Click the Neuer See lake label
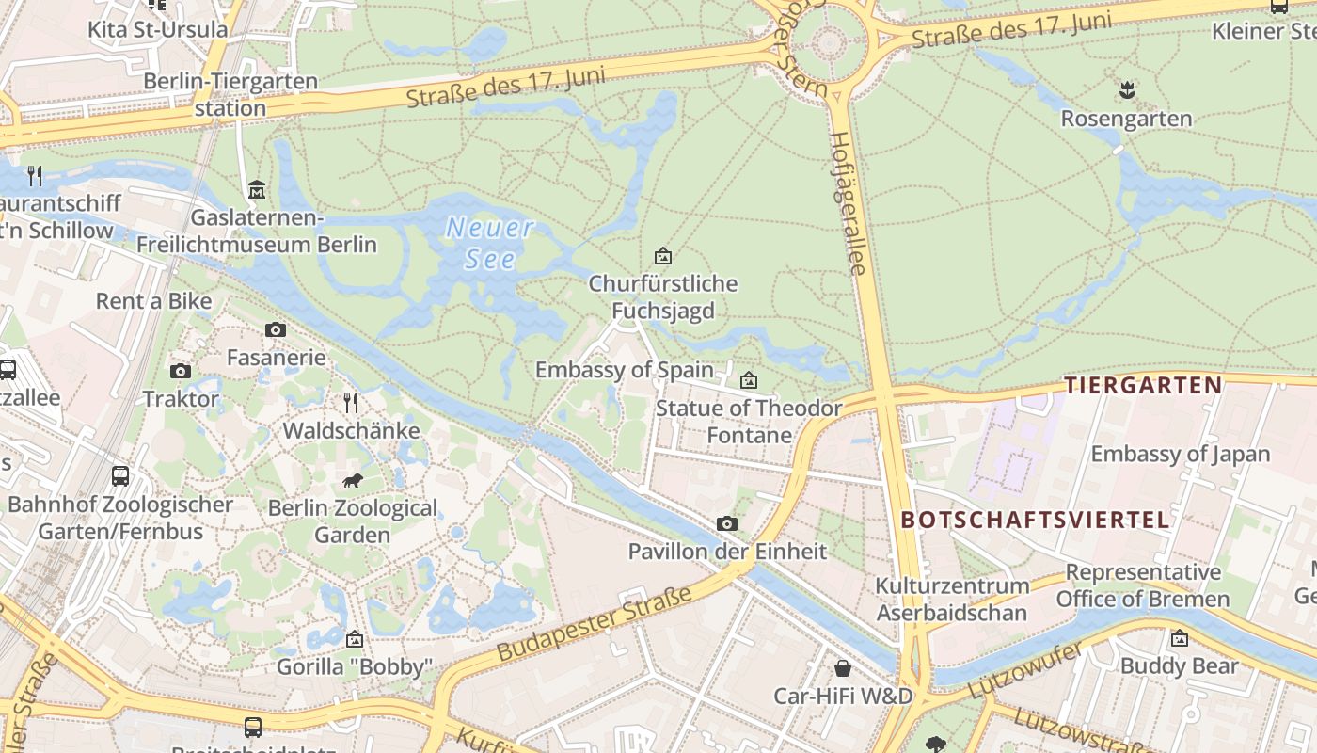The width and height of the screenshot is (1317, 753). point(490,244)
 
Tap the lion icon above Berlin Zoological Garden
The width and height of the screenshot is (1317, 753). point(353,482)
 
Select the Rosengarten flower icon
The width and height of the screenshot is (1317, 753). point(1126,91)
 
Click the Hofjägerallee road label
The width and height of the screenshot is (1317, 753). point(846,202)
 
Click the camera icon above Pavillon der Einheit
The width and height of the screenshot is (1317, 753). point(726,523)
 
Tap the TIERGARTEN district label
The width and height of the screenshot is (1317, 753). point(1142,385)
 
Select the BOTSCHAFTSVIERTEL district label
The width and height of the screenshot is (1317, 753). point(1035,520)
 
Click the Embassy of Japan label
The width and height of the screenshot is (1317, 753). point(1180,454)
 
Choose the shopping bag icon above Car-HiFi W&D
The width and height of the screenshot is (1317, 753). point(843,668)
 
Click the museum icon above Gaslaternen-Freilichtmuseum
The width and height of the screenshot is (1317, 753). point(256,190)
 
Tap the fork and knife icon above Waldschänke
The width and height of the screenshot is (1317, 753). point(351,403)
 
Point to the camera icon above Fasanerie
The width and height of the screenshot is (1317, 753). point(276,329)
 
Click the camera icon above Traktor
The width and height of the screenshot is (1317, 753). point(181,371)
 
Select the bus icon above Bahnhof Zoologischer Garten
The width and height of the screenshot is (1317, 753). point(120,476)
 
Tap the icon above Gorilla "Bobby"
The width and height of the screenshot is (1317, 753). point(354,639)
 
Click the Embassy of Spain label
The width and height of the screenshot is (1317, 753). point(624,370)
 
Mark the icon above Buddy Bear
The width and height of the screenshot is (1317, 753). point(1180,638)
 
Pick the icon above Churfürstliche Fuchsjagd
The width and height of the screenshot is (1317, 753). point(663,256)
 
